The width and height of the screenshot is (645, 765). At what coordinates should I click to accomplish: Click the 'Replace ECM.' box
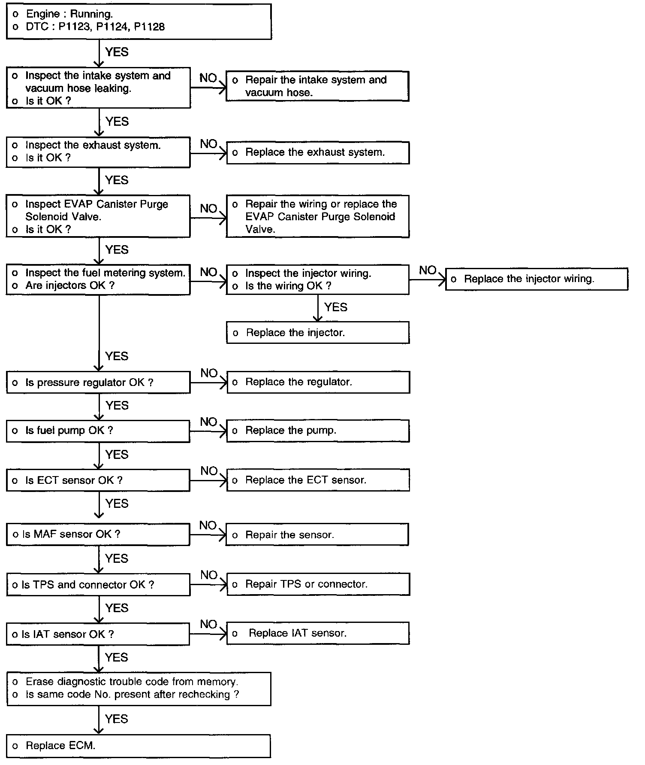coord(139,746)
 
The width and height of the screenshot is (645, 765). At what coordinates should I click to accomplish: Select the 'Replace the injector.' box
coord(318,333)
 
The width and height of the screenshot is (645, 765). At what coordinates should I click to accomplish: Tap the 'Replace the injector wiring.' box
coord(536,279)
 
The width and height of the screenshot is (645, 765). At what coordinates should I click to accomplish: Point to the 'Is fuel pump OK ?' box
coord(98,431)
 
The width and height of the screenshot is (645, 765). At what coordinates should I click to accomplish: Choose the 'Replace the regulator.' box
coord(318,382)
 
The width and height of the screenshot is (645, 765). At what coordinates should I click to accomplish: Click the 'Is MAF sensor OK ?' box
coord(98,534)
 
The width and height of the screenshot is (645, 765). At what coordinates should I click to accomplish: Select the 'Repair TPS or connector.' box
coord(318,584)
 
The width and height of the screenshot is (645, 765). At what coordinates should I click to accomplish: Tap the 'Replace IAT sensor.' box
coord(318,633)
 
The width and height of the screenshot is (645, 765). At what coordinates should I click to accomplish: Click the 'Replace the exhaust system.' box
coord(318,152)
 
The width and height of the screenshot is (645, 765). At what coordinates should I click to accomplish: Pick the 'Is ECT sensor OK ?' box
coord(98,480)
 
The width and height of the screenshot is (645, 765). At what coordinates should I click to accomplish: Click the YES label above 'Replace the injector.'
coord(336,307)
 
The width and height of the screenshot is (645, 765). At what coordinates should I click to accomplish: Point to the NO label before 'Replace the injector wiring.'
coord(428,270)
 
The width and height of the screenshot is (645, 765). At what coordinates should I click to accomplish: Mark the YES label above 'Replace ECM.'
coord(117,719)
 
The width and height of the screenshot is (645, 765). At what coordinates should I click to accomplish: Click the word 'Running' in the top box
coord(91,14)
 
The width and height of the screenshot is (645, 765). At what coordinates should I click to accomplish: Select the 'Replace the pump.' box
coord(318,431)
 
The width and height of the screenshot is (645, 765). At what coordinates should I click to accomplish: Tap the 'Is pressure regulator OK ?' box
coord(98,382)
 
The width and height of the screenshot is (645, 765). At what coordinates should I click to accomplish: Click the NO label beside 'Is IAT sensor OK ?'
coord(209,625)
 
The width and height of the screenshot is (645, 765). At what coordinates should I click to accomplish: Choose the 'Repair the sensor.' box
coord(317,535)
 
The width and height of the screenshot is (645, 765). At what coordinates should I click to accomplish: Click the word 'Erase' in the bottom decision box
coord(40,682)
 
